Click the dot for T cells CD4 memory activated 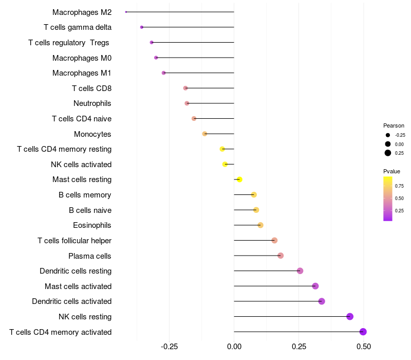363,332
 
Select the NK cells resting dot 350,317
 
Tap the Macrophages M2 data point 126,12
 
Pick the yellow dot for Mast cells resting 239,179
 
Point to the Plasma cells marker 281,256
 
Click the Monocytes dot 205,134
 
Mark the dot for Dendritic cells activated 322,301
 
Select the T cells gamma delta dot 142,27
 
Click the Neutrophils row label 92,103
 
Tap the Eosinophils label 92,225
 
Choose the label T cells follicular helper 74,241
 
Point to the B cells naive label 90,210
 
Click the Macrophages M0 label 82,58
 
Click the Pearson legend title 394,125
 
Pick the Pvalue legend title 391,171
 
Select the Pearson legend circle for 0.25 388,153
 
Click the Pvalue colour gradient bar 388,199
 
